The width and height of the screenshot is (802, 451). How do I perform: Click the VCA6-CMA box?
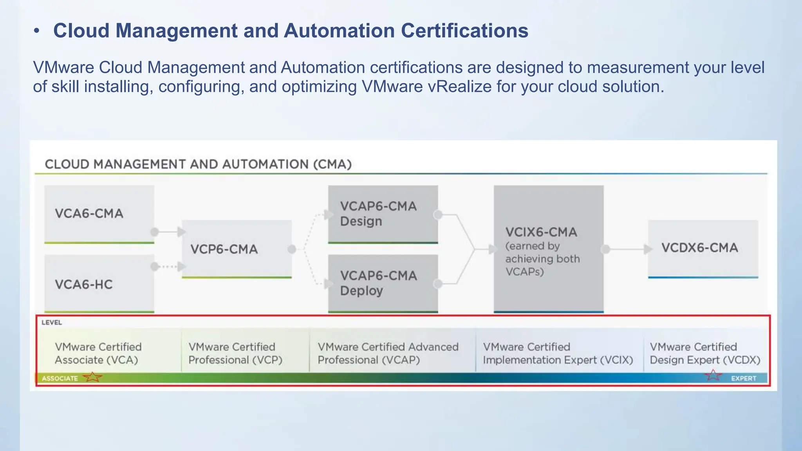click(x=99, y=214)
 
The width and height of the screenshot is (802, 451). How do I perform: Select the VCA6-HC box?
click(x=99, y=283)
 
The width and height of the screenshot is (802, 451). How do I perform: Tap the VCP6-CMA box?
click(x=237, y=249)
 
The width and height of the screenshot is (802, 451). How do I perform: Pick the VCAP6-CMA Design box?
click(x=383, y=214)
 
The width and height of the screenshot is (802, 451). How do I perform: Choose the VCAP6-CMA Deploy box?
click(x=383, y=283)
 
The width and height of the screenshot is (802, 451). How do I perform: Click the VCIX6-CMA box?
click(x=548, y=249)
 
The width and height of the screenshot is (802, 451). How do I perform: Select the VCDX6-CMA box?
click(x=703, y=248)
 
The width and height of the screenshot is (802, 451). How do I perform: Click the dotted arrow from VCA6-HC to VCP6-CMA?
click(x=168, y=267)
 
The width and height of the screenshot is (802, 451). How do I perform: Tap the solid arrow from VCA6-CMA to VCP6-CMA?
click(x=168, y=232)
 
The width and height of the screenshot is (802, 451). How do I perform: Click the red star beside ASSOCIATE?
click(x=93, y=377)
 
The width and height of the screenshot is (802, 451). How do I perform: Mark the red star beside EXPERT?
click(x=713, y=375)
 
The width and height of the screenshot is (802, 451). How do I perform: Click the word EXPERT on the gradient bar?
click(x=743, y=379)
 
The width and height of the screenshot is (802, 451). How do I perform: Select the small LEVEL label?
click(x=52, y=323)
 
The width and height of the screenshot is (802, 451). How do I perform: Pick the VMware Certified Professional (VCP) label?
click(x=235, y=354)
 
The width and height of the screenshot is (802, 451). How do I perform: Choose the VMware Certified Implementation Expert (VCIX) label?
click(x=558, y=354)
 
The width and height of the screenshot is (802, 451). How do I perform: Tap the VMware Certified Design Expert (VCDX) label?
click(x=705, y=354)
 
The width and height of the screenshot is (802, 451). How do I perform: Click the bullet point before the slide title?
click(x=36, y=31)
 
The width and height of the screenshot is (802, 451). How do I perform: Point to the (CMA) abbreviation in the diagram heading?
click(x=332, y=164)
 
